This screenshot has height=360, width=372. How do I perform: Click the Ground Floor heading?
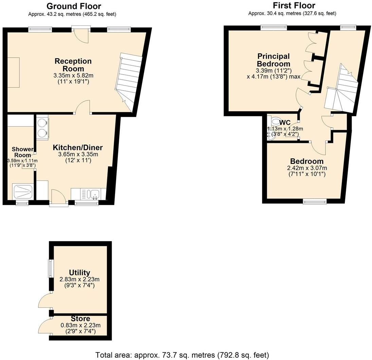click(x=74, y=6)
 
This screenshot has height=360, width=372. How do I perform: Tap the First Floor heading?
click(x=294, y=5)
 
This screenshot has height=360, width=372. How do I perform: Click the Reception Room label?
click(x=73, y=65)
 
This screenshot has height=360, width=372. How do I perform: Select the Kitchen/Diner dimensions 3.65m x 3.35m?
click(x=78, y=154)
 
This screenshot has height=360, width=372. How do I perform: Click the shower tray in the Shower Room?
click(x=22, y=192)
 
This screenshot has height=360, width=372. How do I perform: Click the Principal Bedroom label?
click(x=274, y=60)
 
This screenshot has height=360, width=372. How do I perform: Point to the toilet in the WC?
click(x=276, y=121)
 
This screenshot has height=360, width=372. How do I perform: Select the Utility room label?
click(x=79, y=272)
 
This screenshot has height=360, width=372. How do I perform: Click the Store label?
click(x=80, y=319)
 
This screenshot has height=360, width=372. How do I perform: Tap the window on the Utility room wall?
click(x=51, y=268)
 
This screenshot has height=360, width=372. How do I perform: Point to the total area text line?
click(x=182, y=355)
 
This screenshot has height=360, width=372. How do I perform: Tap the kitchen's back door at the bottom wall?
click(x=58, y=198)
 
